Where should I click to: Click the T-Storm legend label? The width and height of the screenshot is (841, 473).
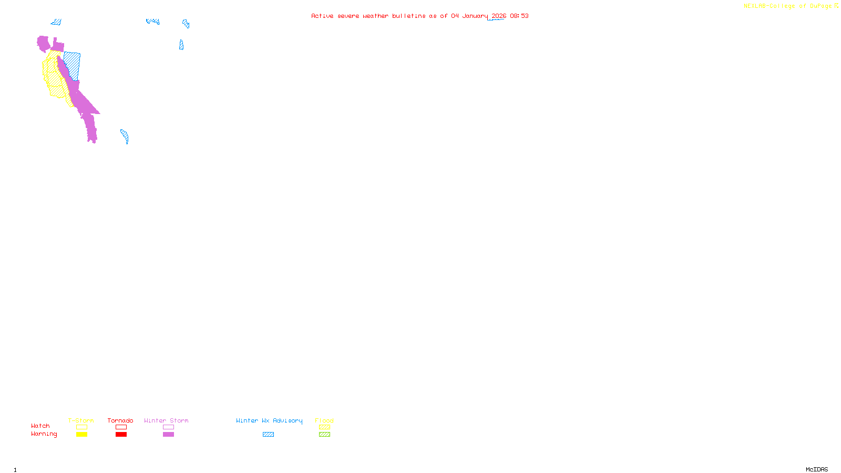click(x=81, y=420)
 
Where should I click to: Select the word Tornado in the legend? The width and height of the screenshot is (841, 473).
click(x=120, y=420)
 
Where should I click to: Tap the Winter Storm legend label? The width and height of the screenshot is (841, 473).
click(x=166, y=420)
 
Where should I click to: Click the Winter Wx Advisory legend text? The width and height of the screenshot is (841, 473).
click(x=269, y=420)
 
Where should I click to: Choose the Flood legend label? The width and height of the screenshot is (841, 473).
click(x=324, y=420)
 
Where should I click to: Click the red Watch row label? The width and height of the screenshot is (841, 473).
click(x=40, y=426)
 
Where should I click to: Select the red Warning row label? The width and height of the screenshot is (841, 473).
click(x=44, y=434)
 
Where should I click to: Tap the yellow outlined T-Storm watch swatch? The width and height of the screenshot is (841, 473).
click(x=81, y=427)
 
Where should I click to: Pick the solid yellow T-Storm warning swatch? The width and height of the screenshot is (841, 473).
click(x=81, y=435)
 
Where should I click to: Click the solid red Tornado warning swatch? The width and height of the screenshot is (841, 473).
click(x=121, y=435)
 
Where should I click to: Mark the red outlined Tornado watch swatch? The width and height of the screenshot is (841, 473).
click(x=121, y=427)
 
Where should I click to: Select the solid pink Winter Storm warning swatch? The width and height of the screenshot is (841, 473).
click(x=168, y=435)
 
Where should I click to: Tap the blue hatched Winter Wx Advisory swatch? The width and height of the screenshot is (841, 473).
click(x=268, y=435)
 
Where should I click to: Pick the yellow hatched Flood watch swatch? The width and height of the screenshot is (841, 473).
click(x=324, y=427)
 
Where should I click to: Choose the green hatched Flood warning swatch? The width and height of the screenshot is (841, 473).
click(x=324, y=435)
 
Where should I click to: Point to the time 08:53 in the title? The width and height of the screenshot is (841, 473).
click(x=519, y=16)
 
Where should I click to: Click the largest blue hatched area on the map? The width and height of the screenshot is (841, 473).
click(x=73, y=65)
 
